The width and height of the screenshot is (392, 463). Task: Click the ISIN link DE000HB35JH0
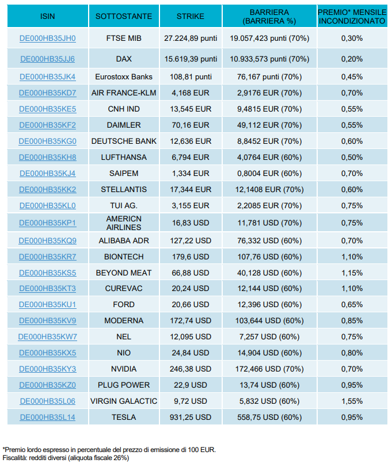pyautogui.click(x=48, y=39)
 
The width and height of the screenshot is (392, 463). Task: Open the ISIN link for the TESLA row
pyautogui.click(x=48, y=417)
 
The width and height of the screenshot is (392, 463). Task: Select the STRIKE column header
pyautogui.click(x=191, y=16)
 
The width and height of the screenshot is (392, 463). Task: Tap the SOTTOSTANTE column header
pyautogui.click(x=124, y=16)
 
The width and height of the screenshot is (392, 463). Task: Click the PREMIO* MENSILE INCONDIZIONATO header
pyautogui.click(x=352, y=17)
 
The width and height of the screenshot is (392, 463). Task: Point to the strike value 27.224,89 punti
pyautogui.click(x=191, y=39)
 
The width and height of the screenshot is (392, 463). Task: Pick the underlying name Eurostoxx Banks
pyautogui.click(x=124, y=76)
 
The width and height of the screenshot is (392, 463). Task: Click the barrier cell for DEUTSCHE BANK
pyautogui.click(x=269, y=141)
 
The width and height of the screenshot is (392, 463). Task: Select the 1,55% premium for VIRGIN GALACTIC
pyautogui.click(x=352, y=401)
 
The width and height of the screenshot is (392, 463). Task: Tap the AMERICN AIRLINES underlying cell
pyautogui.click(x=124, y=223)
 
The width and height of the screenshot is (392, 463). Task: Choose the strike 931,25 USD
pyautogui.click(x=191, y=417)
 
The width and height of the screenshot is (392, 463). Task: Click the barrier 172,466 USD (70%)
pyautogui.click(x=269, y=369)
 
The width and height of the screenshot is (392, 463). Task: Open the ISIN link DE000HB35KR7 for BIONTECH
pyautogui.click(x=48, y=257)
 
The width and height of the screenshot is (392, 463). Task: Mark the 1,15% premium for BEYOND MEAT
pyautogui.click(x=352, y=273)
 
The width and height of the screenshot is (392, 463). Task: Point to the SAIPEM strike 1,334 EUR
pyautogui.click(x=191, y=173)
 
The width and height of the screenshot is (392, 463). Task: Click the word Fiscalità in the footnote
pyautogui.click(x=15, y=458)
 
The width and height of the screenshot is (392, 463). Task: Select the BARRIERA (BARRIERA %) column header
pyautogui.click(x=269, y=17)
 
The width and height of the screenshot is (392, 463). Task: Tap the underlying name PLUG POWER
pyautogui.click(x=124, y=385)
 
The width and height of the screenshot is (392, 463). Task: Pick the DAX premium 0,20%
pyautogui.click(x=352, y=59)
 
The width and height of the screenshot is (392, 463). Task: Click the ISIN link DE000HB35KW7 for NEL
pyautogui.click(x=48, y=336)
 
